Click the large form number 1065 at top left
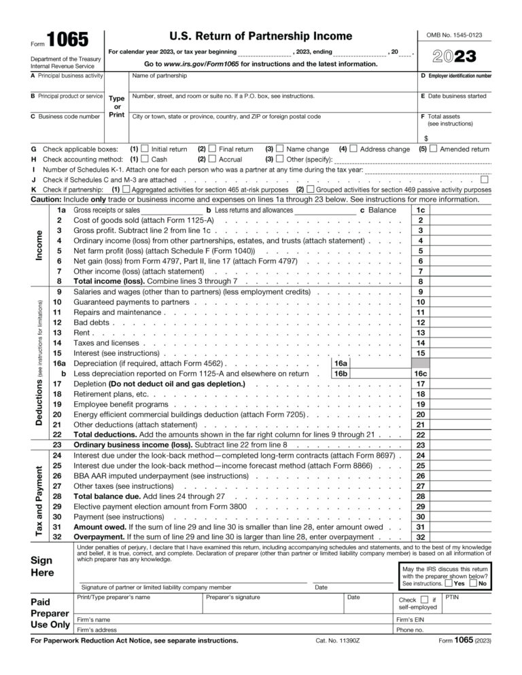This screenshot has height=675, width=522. (x=67, y=40)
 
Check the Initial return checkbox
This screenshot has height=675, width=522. (x=145, y=149)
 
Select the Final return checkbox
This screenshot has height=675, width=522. (x=212, y=149)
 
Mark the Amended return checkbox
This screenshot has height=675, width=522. (x=433, y=149)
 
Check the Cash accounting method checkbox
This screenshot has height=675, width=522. (x=145, y=159)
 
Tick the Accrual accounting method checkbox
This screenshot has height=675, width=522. (x=212, y=159)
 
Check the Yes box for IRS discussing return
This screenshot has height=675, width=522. (x=449, y=583)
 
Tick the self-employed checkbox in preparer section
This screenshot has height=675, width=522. (x=424, y=600)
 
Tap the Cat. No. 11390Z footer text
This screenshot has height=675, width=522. (x=338, y=640)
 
